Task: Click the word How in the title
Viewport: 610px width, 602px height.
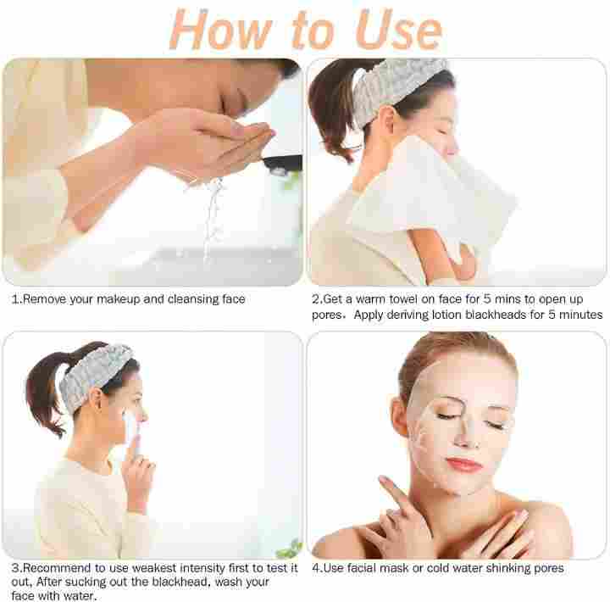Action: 220,30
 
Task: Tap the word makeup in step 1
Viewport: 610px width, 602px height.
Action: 119,299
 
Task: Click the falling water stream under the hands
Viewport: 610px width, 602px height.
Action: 212,218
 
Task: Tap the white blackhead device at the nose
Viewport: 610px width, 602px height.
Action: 130,432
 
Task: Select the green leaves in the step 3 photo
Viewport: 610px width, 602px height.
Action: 290,549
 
